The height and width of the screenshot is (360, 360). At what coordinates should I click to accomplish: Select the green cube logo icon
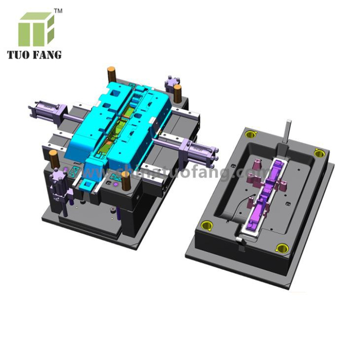tap(36, 29)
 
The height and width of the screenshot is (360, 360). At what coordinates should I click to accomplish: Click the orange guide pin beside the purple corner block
tap(177, 93)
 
